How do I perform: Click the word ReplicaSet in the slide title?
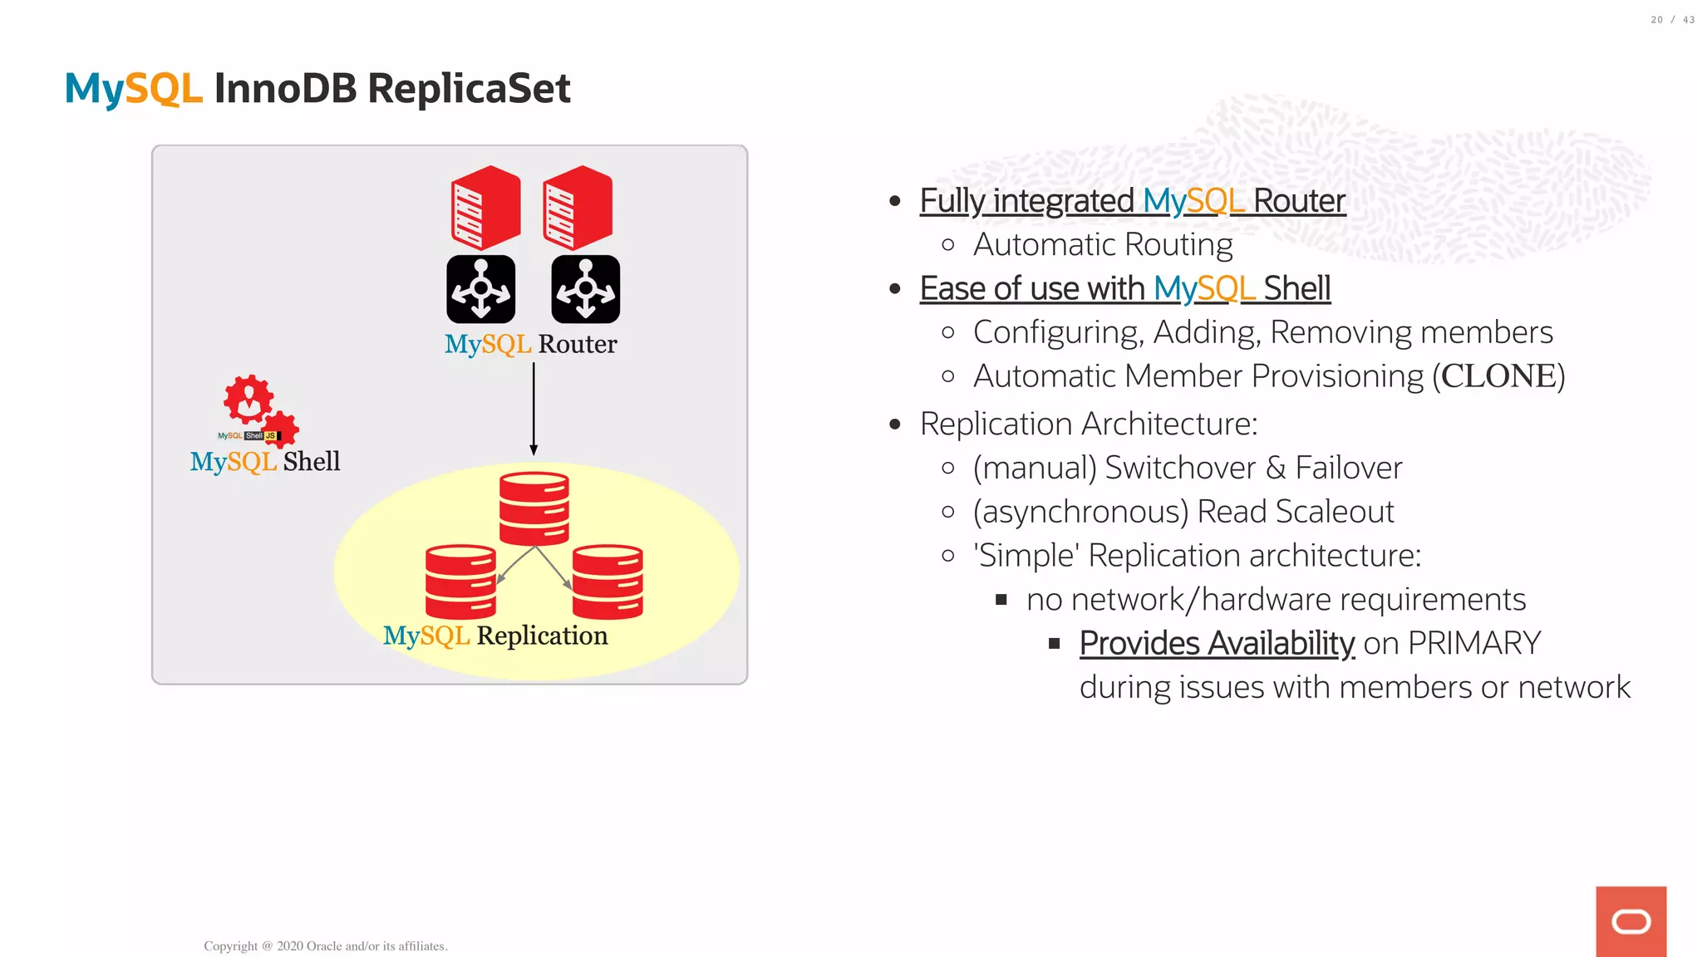[469, 89]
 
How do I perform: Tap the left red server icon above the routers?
[485, 208]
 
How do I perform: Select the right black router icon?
[585, 289]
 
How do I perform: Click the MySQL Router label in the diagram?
[530, 344]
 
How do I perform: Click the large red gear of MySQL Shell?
[248, 399]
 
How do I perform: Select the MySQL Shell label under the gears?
[265, 462]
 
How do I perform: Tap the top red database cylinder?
[534, 508]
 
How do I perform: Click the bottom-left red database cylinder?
[460, 582]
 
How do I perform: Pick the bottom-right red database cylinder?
[608, 582]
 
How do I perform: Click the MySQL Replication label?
[495, 636]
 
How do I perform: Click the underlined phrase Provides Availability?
[1217, 644]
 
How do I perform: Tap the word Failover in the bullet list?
[1348, 468]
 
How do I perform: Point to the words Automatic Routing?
[1103, 245]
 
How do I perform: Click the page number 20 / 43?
[1671, 20]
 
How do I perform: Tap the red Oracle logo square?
[1631, 921]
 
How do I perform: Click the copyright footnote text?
[326, 946]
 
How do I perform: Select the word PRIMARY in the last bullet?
[1474, 644]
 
